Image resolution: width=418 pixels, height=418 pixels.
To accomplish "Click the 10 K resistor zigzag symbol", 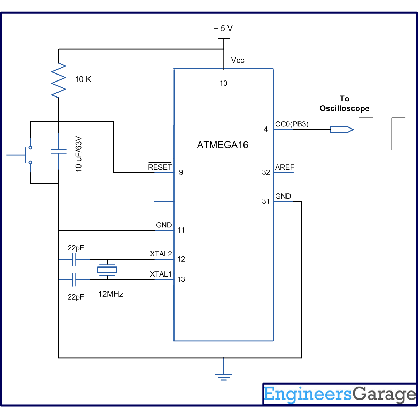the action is click(x=59, y=80).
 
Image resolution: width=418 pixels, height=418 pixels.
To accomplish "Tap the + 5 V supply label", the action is click(x=223, y=29).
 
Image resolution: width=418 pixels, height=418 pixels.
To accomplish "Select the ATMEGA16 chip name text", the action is click(x=223, y=145).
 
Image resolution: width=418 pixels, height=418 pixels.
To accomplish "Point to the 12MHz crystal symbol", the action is click(x=107, y=270).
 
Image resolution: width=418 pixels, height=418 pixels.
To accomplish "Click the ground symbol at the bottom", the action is click(x=224, y=377).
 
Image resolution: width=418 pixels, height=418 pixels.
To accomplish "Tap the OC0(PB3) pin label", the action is click(x=292, y=124).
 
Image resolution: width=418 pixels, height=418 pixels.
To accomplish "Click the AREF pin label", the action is click(x=285, y=167).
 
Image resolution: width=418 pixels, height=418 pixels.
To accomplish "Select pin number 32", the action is click(x=266, y=172).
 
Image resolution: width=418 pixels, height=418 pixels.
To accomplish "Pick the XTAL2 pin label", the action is click(x=161, y=254).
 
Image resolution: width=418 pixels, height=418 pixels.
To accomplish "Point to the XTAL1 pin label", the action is click(x=161, y=274).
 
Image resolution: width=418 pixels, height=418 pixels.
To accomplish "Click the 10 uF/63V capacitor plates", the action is click(x=59, y=151).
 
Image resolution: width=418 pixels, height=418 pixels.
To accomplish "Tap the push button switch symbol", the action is click(x=26, y=155).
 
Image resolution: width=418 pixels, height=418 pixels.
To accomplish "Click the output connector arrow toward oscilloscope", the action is click(x=342, y=130).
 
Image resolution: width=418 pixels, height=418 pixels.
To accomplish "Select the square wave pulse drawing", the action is click(x=382, y=134).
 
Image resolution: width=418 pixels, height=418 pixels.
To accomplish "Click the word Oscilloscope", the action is click(x=345, y=108).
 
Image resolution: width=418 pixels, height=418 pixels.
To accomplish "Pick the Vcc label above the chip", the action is click(x=238, y=60).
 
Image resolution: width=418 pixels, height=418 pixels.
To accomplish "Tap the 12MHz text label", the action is click(x=111, y=294).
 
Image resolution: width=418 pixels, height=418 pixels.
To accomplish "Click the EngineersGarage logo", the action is click(x=340, y=394).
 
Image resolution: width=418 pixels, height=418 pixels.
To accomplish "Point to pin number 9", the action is click(x=181, y=172).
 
